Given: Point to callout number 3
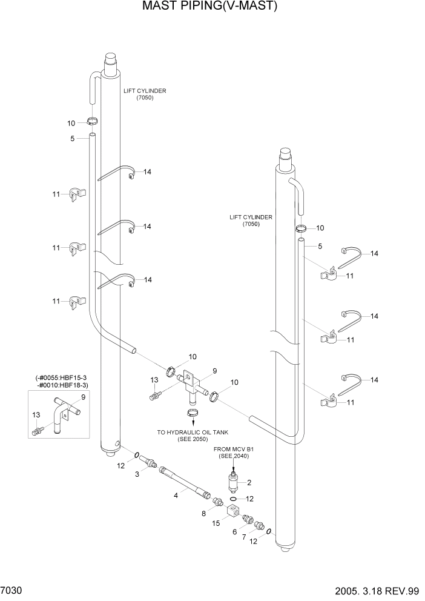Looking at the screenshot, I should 137,474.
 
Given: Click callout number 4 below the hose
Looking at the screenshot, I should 176,495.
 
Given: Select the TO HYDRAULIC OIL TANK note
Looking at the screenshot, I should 192,436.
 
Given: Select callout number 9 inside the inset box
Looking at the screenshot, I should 83,397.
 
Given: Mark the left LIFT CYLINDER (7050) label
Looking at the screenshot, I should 145,94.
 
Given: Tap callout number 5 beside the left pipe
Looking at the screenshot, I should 72,139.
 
